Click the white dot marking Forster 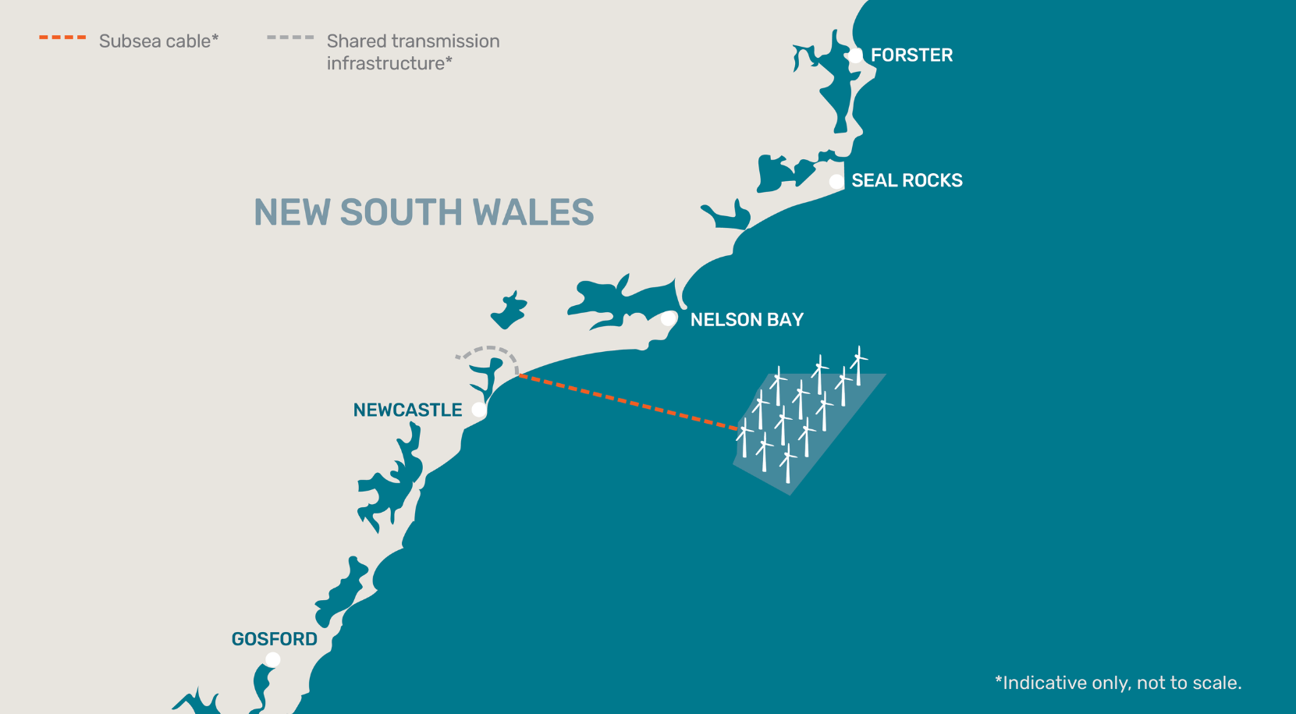pos(856,55)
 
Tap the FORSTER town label pos(911,55)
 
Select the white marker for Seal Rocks pos(836,181)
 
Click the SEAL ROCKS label pos(907,181)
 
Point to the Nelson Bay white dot pos(669,318)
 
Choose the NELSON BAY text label pos(747,320)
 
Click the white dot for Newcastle pos(479,410)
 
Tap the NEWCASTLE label pos(407,410)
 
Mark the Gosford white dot pos(272,659)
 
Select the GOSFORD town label pos(275,639)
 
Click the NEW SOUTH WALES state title pos(424,212)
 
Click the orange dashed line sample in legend pos(62,37)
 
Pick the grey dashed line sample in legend pos(290,37)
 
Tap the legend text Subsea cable pos(158,41)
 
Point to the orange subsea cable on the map pos(628,402)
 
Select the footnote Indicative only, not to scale pos(1118,683)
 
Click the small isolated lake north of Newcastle pos(509,311)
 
